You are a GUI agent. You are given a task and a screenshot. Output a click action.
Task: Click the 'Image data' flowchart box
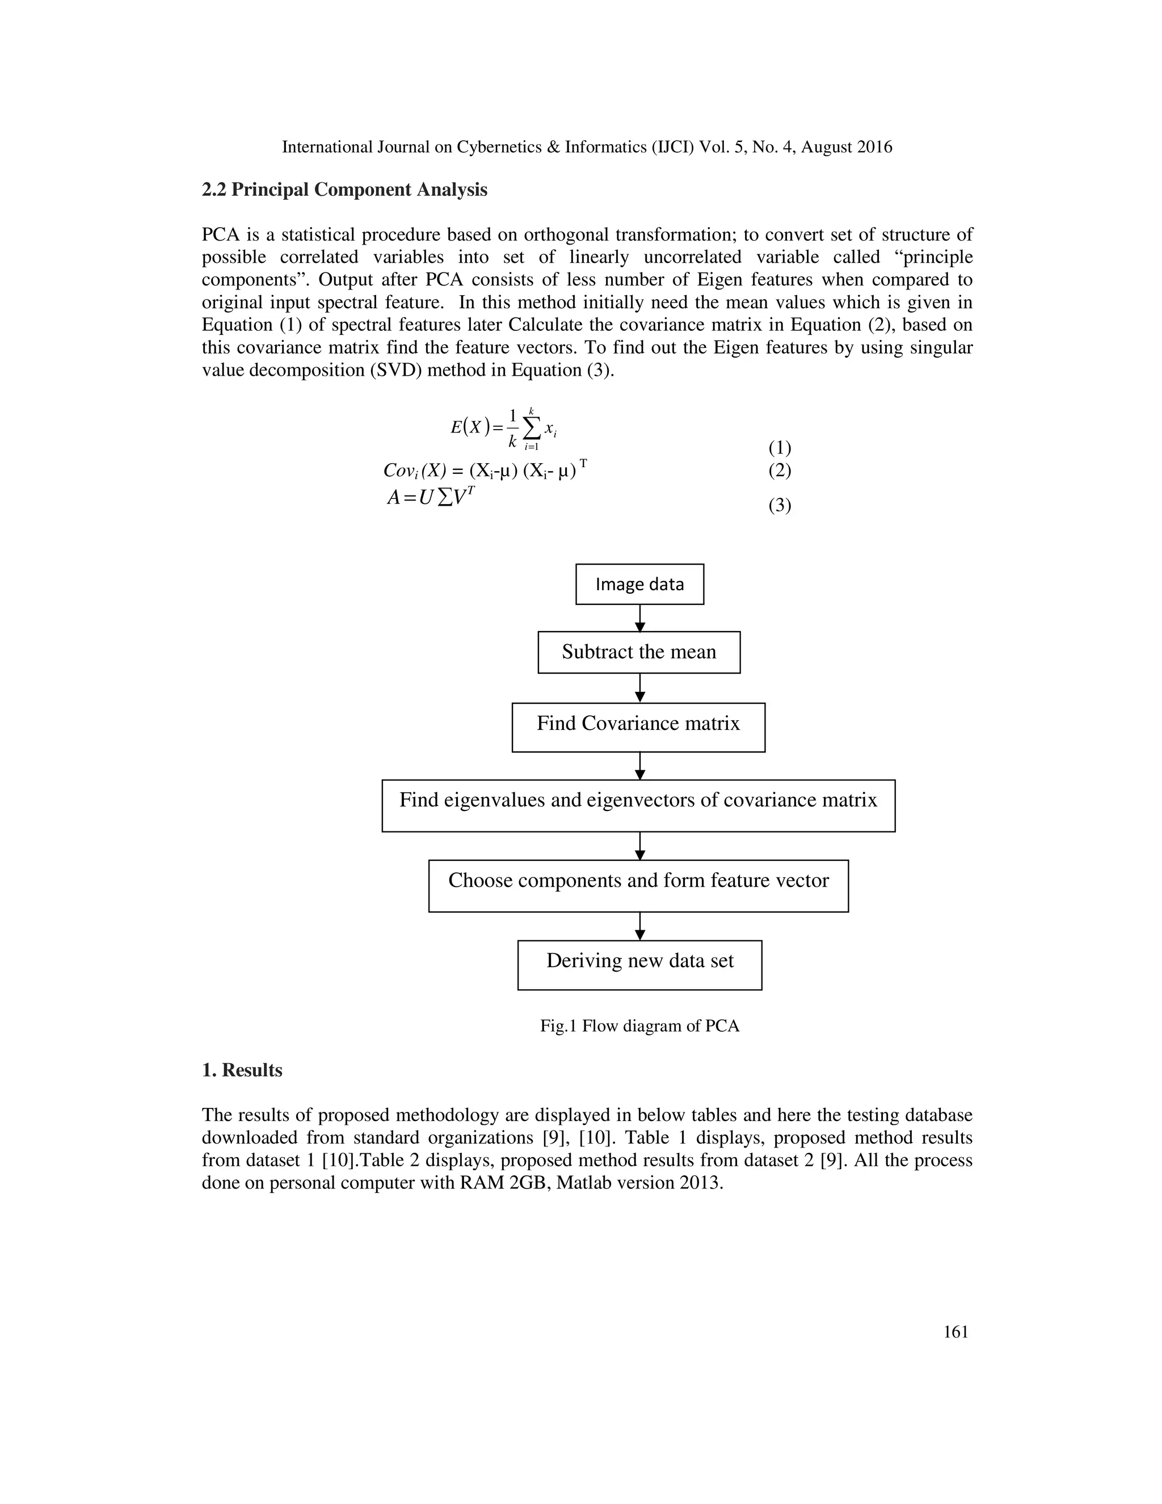[639, 584]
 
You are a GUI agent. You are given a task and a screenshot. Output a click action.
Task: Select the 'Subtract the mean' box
[639, 652]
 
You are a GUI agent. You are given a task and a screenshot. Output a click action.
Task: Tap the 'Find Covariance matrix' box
[638, 726]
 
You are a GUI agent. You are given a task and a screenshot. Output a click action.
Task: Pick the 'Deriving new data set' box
[639, 964]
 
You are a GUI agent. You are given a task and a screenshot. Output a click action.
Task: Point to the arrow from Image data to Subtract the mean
[640, 617]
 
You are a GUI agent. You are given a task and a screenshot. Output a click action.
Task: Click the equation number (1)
[779, 448]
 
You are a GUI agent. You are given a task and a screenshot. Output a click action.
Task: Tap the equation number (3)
[779, 506]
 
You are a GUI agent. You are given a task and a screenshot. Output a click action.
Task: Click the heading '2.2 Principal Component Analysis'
[344, 190]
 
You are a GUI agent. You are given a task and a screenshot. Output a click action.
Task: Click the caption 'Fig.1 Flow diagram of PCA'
[639, 1026]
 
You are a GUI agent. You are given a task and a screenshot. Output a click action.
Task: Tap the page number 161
[955, 1332]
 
